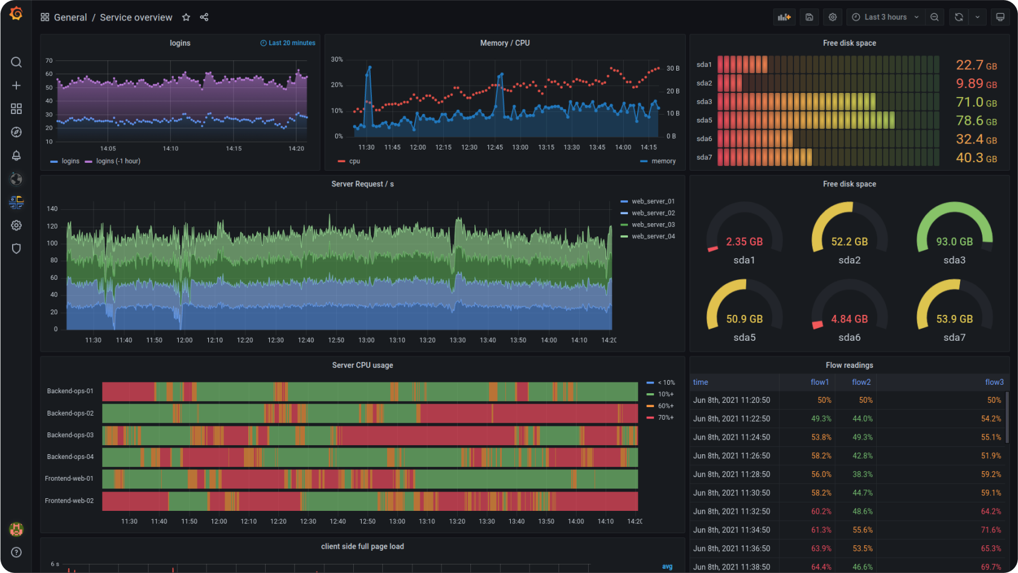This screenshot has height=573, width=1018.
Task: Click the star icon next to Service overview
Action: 186,17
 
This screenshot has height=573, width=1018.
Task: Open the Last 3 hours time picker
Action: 885,17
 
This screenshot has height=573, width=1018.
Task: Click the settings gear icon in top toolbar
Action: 833,17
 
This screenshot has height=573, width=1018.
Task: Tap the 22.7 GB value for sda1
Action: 976,65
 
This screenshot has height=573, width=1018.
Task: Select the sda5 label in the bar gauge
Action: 704,120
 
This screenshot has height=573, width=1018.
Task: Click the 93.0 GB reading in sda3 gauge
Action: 954,241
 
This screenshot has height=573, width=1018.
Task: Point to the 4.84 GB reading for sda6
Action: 849,318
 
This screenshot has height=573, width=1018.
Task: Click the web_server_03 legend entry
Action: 653,224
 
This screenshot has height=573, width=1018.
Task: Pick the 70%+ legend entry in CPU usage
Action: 665,417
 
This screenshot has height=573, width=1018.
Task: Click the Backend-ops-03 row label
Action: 70,435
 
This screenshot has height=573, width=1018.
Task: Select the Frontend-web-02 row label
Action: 69,501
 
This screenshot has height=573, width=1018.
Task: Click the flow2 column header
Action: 861,382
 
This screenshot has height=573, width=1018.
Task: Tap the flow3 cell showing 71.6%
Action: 991,530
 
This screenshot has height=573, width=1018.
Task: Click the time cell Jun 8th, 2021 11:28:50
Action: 731,474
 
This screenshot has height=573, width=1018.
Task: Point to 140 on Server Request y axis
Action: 53,209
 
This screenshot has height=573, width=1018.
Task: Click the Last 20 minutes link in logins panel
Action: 288,43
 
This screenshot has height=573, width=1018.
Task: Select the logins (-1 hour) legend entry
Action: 118,161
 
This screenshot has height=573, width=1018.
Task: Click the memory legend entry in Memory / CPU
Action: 663,161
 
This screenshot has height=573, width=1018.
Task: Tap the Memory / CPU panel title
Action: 505,43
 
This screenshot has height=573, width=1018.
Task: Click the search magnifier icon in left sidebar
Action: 16,62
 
